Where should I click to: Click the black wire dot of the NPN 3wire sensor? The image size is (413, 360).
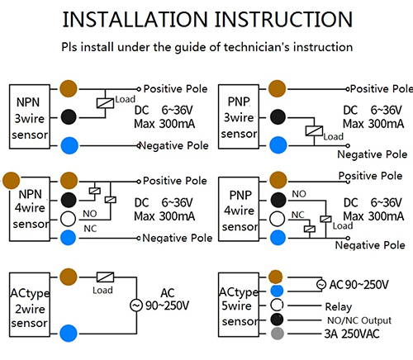click(x=69, y=116)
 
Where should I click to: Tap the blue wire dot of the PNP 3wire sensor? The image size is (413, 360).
click(x=278, y=145)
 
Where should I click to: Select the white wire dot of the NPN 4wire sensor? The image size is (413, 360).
click(x=69, y=219)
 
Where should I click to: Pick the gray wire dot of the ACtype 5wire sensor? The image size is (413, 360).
click(x=278, y=334)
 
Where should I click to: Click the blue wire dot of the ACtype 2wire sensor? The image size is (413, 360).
click(x=69, y=333)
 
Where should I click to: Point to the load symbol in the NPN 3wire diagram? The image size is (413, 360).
click(x=105, y=103)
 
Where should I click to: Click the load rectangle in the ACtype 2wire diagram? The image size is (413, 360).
click(x=105, y=277)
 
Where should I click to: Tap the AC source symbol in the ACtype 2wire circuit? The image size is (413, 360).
click(x=136, y=306)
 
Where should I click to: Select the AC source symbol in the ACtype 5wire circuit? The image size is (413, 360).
click(x=321, y=284)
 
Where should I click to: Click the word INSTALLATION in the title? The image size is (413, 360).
click(x=135, y=20)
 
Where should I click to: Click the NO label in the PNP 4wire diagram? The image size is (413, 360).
click(x=299, y=194)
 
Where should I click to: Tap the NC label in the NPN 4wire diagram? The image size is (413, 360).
click(x=90, y=229)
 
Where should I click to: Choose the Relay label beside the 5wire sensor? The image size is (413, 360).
click(x=339, y=307)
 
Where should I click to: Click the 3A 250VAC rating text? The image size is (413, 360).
click(x=352, y=334)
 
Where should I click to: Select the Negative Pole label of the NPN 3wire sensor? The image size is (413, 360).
click(x=174, y=145)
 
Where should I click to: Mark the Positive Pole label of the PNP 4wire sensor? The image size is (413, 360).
click(x=370, y=176)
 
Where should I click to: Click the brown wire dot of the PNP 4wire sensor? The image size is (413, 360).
click(x=278, y=180)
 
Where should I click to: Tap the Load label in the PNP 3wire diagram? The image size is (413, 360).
click(x=334, y=136)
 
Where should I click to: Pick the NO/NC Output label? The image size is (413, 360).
click(x=359, y=320)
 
